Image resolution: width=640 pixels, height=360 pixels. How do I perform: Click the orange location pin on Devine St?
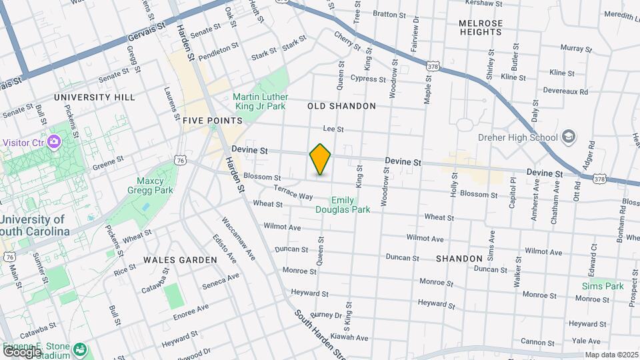pyautogui.click(x=320, y=159)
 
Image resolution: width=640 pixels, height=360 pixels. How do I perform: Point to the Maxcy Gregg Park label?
pyautogui.click(x=151, y=185)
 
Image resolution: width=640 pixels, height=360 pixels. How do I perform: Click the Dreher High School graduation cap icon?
pyautogui.click(x=568, y=137)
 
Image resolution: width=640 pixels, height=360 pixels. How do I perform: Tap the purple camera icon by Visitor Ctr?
pyautogui.click(x=54, y=142)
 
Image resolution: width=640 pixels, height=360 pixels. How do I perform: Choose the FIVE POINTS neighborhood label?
pyautogui.click(x=212, y=121)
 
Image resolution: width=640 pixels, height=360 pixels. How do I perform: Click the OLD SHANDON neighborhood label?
pyautogui.click(x=341, y=106)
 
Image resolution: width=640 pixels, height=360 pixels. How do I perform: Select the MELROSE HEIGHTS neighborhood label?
pyautogui.click(x=480, y=27)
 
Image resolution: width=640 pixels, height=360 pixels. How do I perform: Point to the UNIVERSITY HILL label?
pyautogui.click(x=95, y=97)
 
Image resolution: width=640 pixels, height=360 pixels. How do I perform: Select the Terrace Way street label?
pyautogui.click(x=293, y=193)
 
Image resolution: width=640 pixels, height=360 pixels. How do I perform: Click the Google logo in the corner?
pyautogui.click(x=21, y=351)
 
